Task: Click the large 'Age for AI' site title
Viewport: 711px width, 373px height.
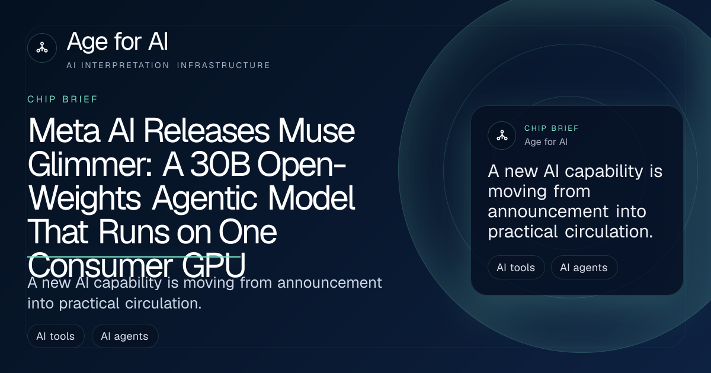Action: tap(117, 42)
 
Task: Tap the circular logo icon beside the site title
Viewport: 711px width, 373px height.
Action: tap(42, 48)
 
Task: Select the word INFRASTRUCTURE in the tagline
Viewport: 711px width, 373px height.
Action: tap(223, 65)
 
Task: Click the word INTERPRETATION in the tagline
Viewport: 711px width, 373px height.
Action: tap(126, 65)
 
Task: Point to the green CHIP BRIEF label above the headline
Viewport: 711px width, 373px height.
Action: tap(63, 99)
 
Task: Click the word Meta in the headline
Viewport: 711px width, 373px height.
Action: tap(64, 130)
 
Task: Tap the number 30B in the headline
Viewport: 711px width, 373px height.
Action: tap(220, 164)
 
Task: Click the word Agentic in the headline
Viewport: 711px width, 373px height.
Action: tap(204, 199)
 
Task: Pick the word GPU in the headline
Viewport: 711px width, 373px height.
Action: tap(214, 265)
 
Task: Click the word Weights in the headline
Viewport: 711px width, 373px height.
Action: tap(84, 199)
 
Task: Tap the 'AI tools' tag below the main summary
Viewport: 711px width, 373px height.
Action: tap(56, 336)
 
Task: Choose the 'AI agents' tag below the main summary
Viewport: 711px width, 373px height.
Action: tap(125, 336)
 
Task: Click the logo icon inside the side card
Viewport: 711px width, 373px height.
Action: tap(502, 136)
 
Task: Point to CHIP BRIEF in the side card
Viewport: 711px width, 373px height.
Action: tap(552, 128)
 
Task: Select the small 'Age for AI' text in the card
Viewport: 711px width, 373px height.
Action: tap(546, 142)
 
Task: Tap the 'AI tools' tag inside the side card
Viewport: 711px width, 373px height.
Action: tap(516, 268)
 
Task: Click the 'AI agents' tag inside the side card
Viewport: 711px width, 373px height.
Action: tap(584, 268)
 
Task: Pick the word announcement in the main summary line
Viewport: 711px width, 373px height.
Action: tap(329, 282)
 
